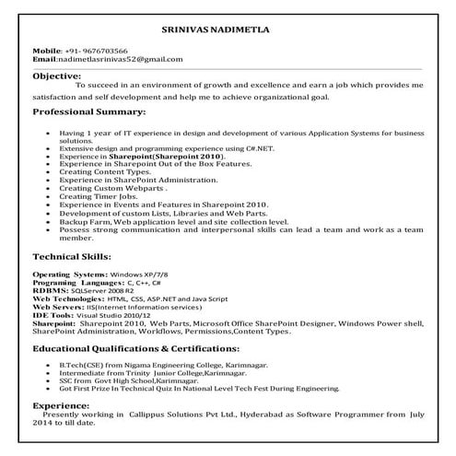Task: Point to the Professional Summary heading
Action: click(x=88, y=111)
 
